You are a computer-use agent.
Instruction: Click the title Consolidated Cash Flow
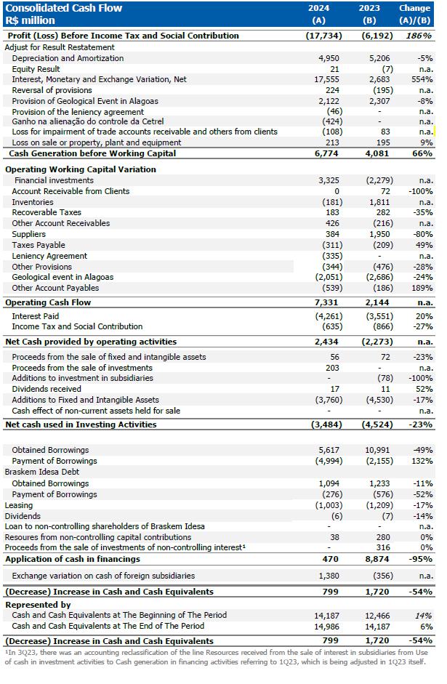(x=64, y=8)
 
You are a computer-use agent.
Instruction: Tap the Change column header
(x=414, y=8)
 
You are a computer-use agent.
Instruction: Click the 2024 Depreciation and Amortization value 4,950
(x=330, y=57)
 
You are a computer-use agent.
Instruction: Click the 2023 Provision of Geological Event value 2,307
(x=379, y=101)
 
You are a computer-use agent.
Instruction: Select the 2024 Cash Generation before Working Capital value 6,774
(x=329, y=153)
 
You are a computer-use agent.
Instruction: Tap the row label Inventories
(x=33, y=202)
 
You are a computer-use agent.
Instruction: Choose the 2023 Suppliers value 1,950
(x=379, y=234)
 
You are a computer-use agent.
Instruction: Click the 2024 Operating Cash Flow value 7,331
(x=329, y=302)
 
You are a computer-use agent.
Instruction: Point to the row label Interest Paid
(x=36, y=316)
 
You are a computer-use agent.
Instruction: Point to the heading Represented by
(x=38, y=605)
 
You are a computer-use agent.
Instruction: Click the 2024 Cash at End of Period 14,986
(x=326, y=626)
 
